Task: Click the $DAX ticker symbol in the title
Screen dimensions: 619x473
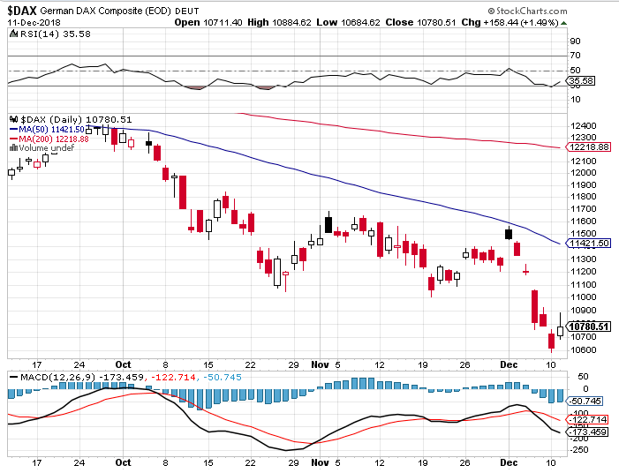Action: pyautogui.click(x=22, y=11)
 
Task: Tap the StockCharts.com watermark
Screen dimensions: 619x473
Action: pyautogui.click(x=527, y=11)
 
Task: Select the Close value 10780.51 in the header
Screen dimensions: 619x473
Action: pyautogui.click(x=420, y=22)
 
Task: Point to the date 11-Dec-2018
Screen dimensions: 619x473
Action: pyautogui.click(x=34, y=22)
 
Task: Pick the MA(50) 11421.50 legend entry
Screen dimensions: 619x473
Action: pyautogui.click(x=47, y=130)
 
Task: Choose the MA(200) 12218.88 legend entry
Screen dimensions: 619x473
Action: pyautogui.click(x=49, y=139)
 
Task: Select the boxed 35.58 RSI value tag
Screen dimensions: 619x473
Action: pyautogui.click(x=581, y=81)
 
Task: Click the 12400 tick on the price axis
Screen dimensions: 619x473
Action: pyautogui.click(x=584, y=126)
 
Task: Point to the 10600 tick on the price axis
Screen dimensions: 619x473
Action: pyautogui.click(x=584, y=350)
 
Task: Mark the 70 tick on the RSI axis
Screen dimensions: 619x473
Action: pyautogui.click(x=575, y=56)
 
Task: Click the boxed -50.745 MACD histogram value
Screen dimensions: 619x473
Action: pyautogui.click(x=585, y=402)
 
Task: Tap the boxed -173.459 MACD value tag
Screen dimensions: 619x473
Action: pyautogui.click(x=588, y=432)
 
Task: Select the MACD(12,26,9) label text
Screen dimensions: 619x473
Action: pyautogui.click(x=57, y=378)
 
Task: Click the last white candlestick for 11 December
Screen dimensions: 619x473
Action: pyautogui.click(x=560, y=331)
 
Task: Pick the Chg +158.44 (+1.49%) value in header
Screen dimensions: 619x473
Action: pyautogui.click(x=510, y=22)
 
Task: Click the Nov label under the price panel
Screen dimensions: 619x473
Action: pyautogui.click(x=320, y=364)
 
